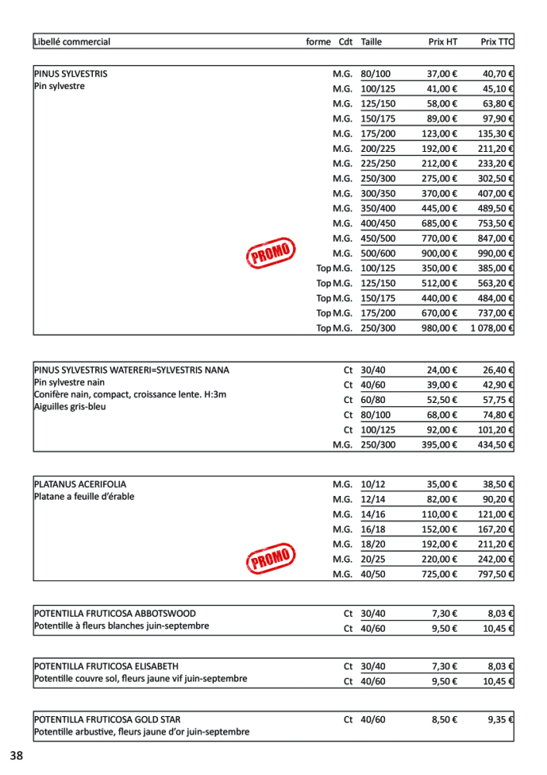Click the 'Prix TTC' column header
click(497, 42)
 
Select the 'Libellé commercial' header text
click(72, 42)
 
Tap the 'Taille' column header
click(371, 42)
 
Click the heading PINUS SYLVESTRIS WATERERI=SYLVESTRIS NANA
click(132, 370)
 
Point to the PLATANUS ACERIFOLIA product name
click(80, 484)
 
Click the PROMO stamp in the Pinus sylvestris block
click(270, 253)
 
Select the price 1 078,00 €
click(492, 328)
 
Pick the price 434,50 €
click(496, 445)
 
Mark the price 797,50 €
click(496, 574)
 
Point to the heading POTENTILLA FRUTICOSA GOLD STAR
click(108, 719)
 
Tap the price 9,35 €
click(501, 719)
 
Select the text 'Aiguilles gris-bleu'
click(70, 407)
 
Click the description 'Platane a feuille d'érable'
click(84, 497)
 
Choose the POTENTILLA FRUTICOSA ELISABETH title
click(106, 666)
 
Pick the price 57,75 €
click(499, 400)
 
